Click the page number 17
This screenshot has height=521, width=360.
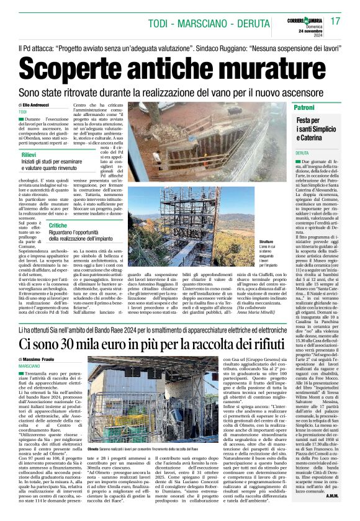coord(335,21)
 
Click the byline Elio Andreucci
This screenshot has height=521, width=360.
coord(40,106)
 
